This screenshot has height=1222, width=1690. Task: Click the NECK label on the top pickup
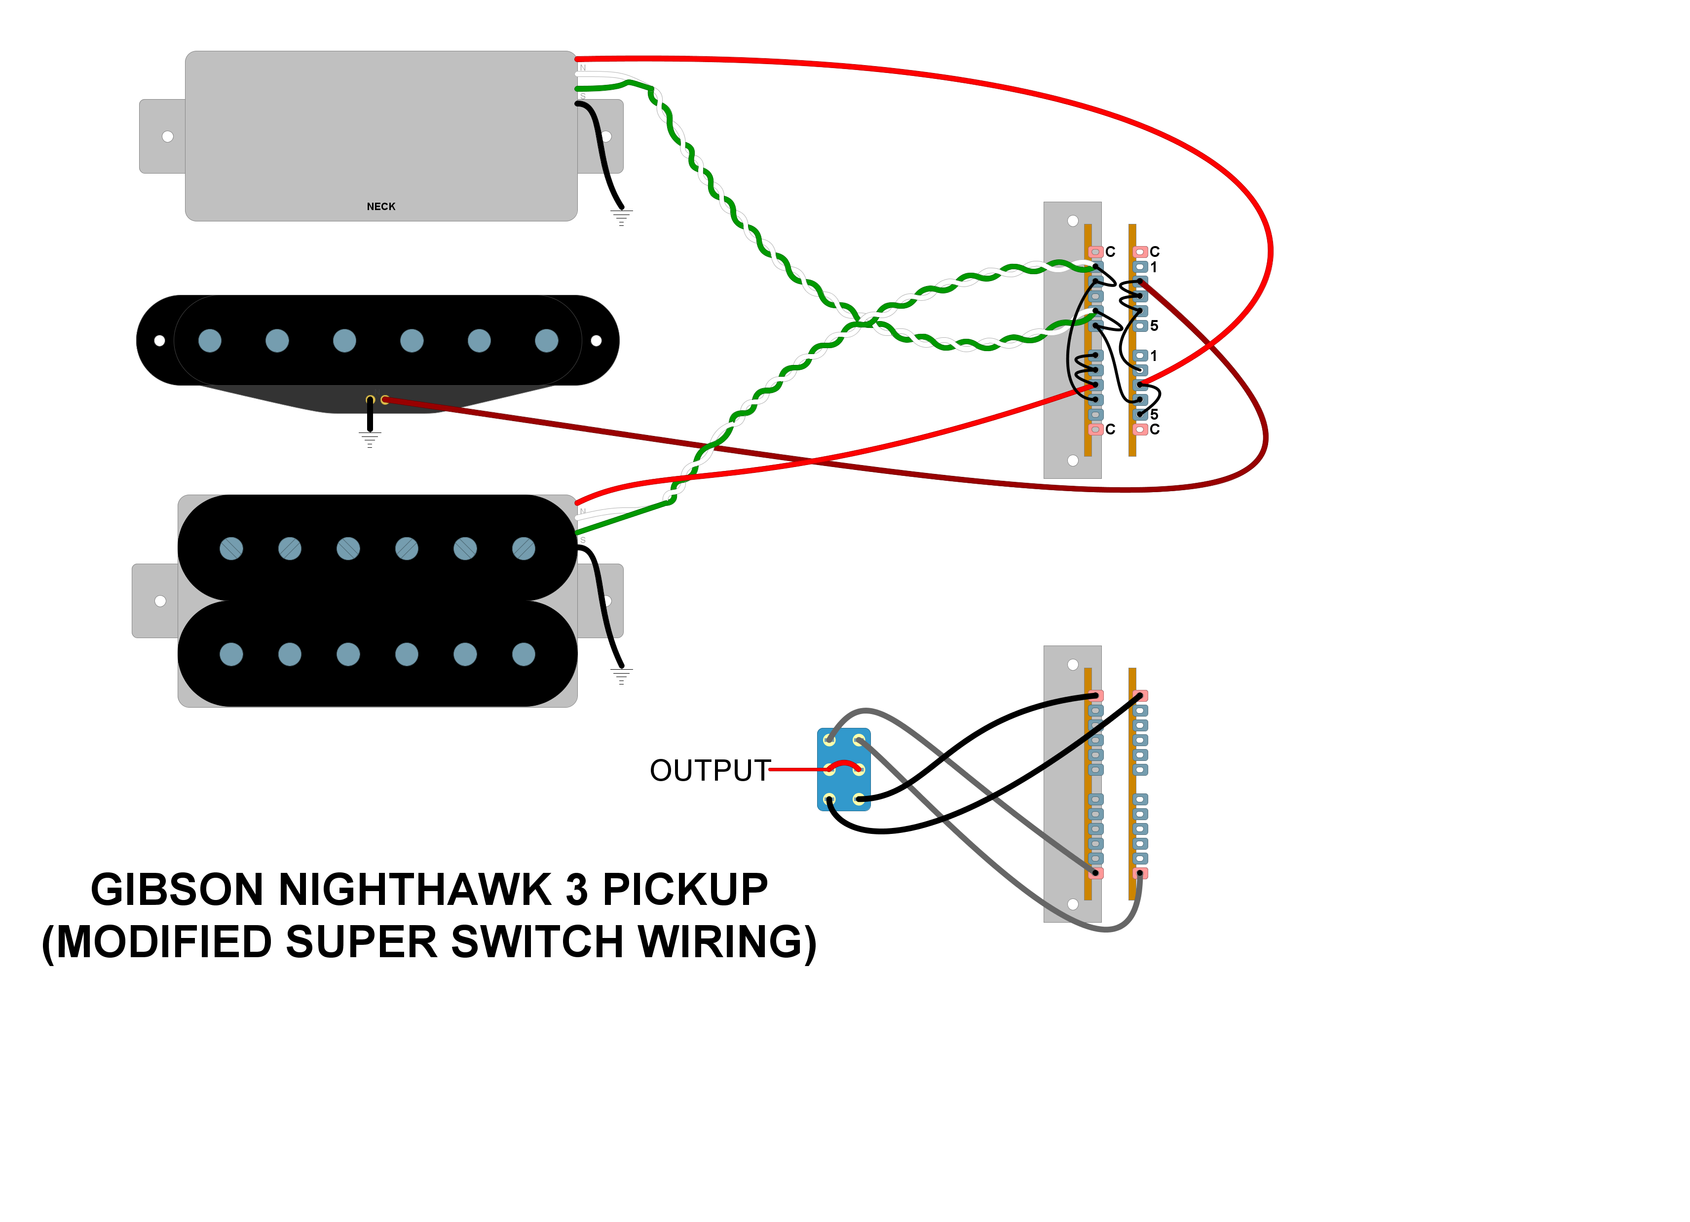click(x=381, y=206)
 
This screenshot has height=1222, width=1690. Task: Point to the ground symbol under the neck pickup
click(x=621, y=217)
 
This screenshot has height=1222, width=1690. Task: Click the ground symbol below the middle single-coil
click(x=370, y=439)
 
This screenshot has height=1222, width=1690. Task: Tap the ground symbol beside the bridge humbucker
click(x=621, y=676)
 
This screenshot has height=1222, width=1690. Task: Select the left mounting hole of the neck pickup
click(x=168, y=136)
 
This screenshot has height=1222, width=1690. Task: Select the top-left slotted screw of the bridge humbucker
click(x=231, y=549)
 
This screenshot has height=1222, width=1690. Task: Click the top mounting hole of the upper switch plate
click(x=1073, y=220)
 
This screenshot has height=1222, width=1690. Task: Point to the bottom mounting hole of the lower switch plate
click(x=1073, y=904)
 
